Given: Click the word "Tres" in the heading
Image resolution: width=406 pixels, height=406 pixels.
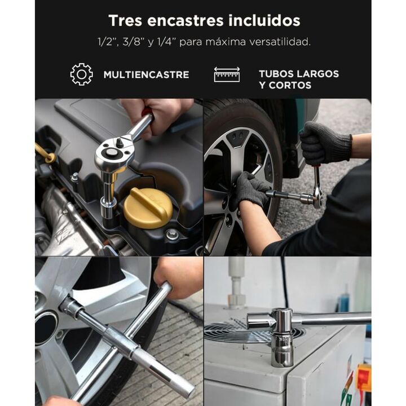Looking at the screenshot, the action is coord(125,20).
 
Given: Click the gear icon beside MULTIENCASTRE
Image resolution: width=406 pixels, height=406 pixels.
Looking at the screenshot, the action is coord(82,74).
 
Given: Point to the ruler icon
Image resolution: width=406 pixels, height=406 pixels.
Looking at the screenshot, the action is coord(227,74).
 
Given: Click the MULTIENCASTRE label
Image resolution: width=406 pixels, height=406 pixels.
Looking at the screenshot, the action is coord(146,74).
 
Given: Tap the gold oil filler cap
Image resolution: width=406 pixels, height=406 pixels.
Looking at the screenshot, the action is coord(148,208).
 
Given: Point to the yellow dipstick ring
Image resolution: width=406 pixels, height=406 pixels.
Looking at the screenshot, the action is coord(49,157).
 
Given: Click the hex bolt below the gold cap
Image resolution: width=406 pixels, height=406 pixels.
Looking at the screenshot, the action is coord(171,235).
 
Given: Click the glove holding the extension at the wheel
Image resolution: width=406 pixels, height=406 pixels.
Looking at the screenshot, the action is coord(251,188).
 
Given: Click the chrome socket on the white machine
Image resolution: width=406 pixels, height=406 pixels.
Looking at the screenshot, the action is coord(283,337).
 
